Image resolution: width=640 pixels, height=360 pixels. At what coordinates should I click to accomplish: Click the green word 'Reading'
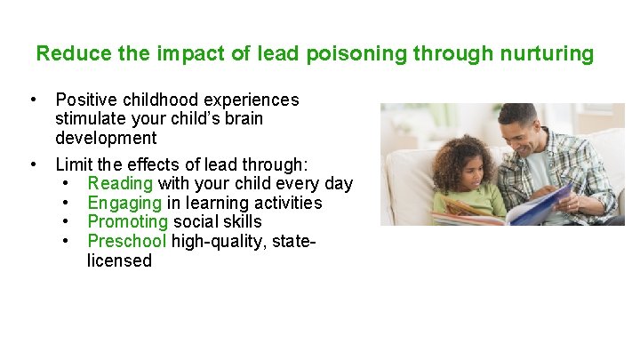(120, 184)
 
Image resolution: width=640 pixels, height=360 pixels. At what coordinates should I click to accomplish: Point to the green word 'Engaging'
(125, 203)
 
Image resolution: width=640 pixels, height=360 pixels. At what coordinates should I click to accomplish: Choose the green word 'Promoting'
(127, 221)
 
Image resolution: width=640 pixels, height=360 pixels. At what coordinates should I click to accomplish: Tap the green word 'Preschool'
(126, 241)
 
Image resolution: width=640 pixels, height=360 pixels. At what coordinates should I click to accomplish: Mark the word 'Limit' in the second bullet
(73, 164)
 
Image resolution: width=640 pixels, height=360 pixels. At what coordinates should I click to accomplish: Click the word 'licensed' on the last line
(119, 260)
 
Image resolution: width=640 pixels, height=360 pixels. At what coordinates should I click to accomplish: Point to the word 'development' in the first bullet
(105, 138)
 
